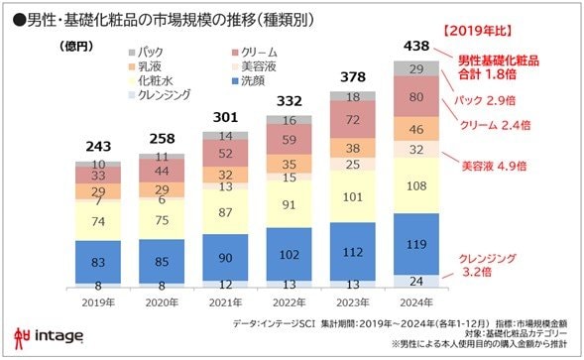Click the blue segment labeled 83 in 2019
(x=98, y=262)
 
